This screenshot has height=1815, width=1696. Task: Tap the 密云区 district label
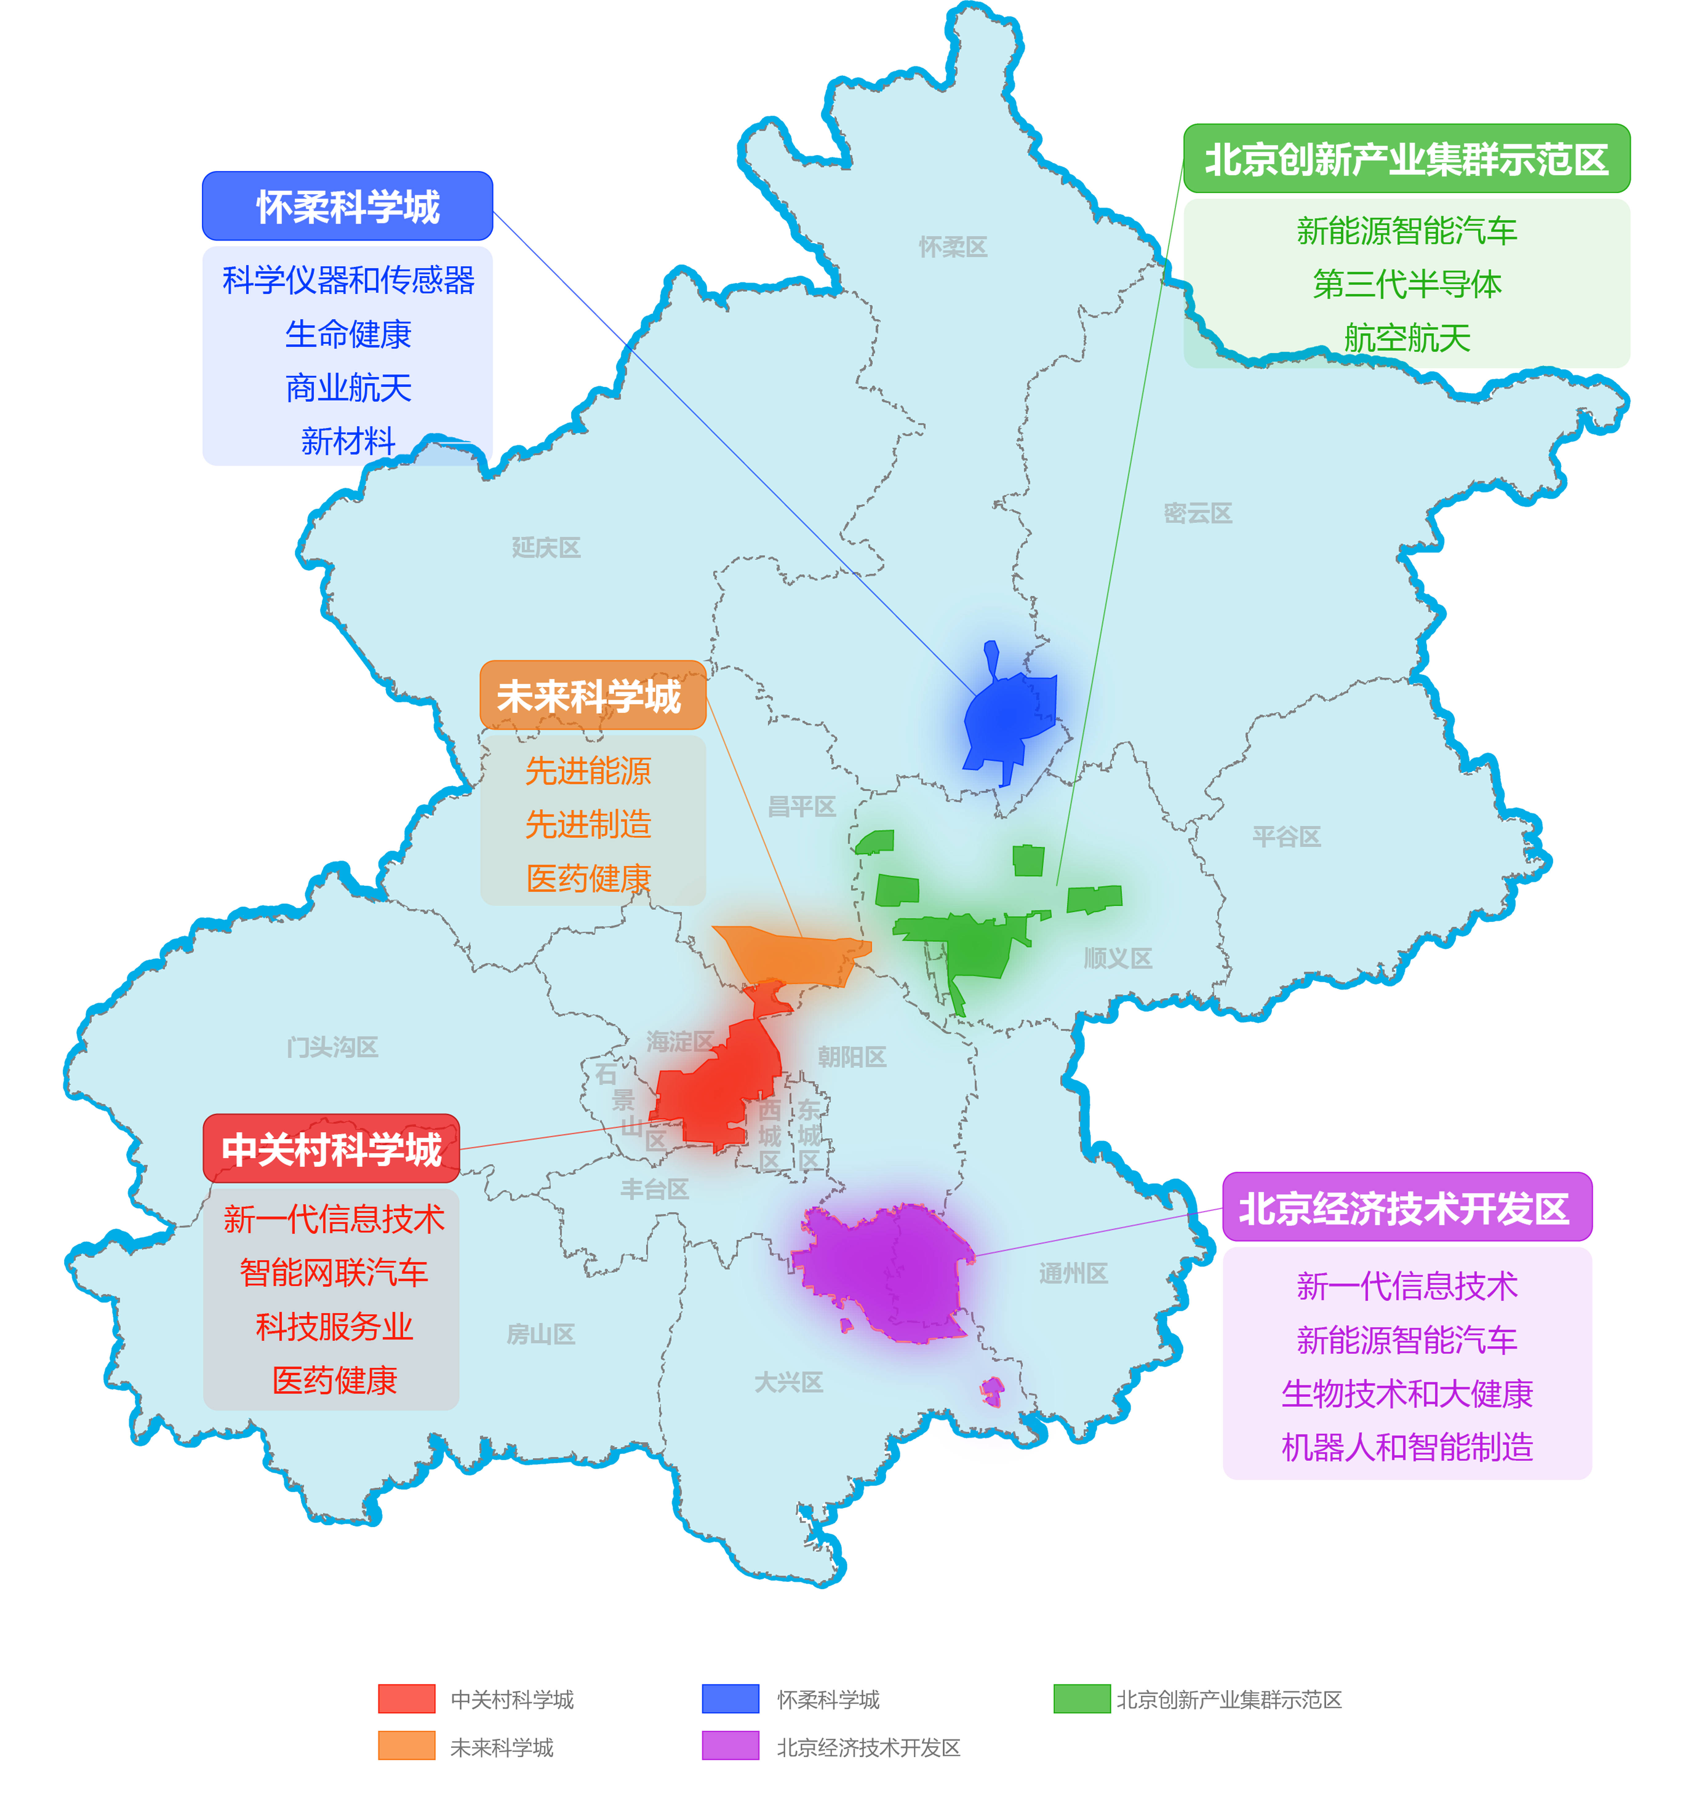click(1197, 513)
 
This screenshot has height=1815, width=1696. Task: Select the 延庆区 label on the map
click(545, 548)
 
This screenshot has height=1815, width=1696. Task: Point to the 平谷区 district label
click(1286, 836)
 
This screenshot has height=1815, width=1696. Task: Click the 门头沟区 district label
click(331, 1047)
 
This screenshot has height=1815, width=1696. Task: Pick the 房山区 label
click(541, 1335)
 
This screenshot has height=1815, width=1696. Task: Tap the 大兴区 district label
click(788, 1382)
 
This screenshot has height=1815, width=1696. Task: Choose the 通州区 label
click(1073, 1273)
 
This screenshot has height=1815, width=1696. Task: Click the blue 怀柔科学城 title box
click(347, 206)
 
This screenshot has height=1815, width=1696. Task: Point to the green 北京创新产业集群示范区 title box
click(1406, 159)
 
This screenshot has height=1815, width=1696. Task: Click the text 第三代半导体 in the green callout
click(1406, 284)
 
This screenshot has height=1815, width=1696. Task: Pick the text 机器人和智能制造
click(1406, 1447)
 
